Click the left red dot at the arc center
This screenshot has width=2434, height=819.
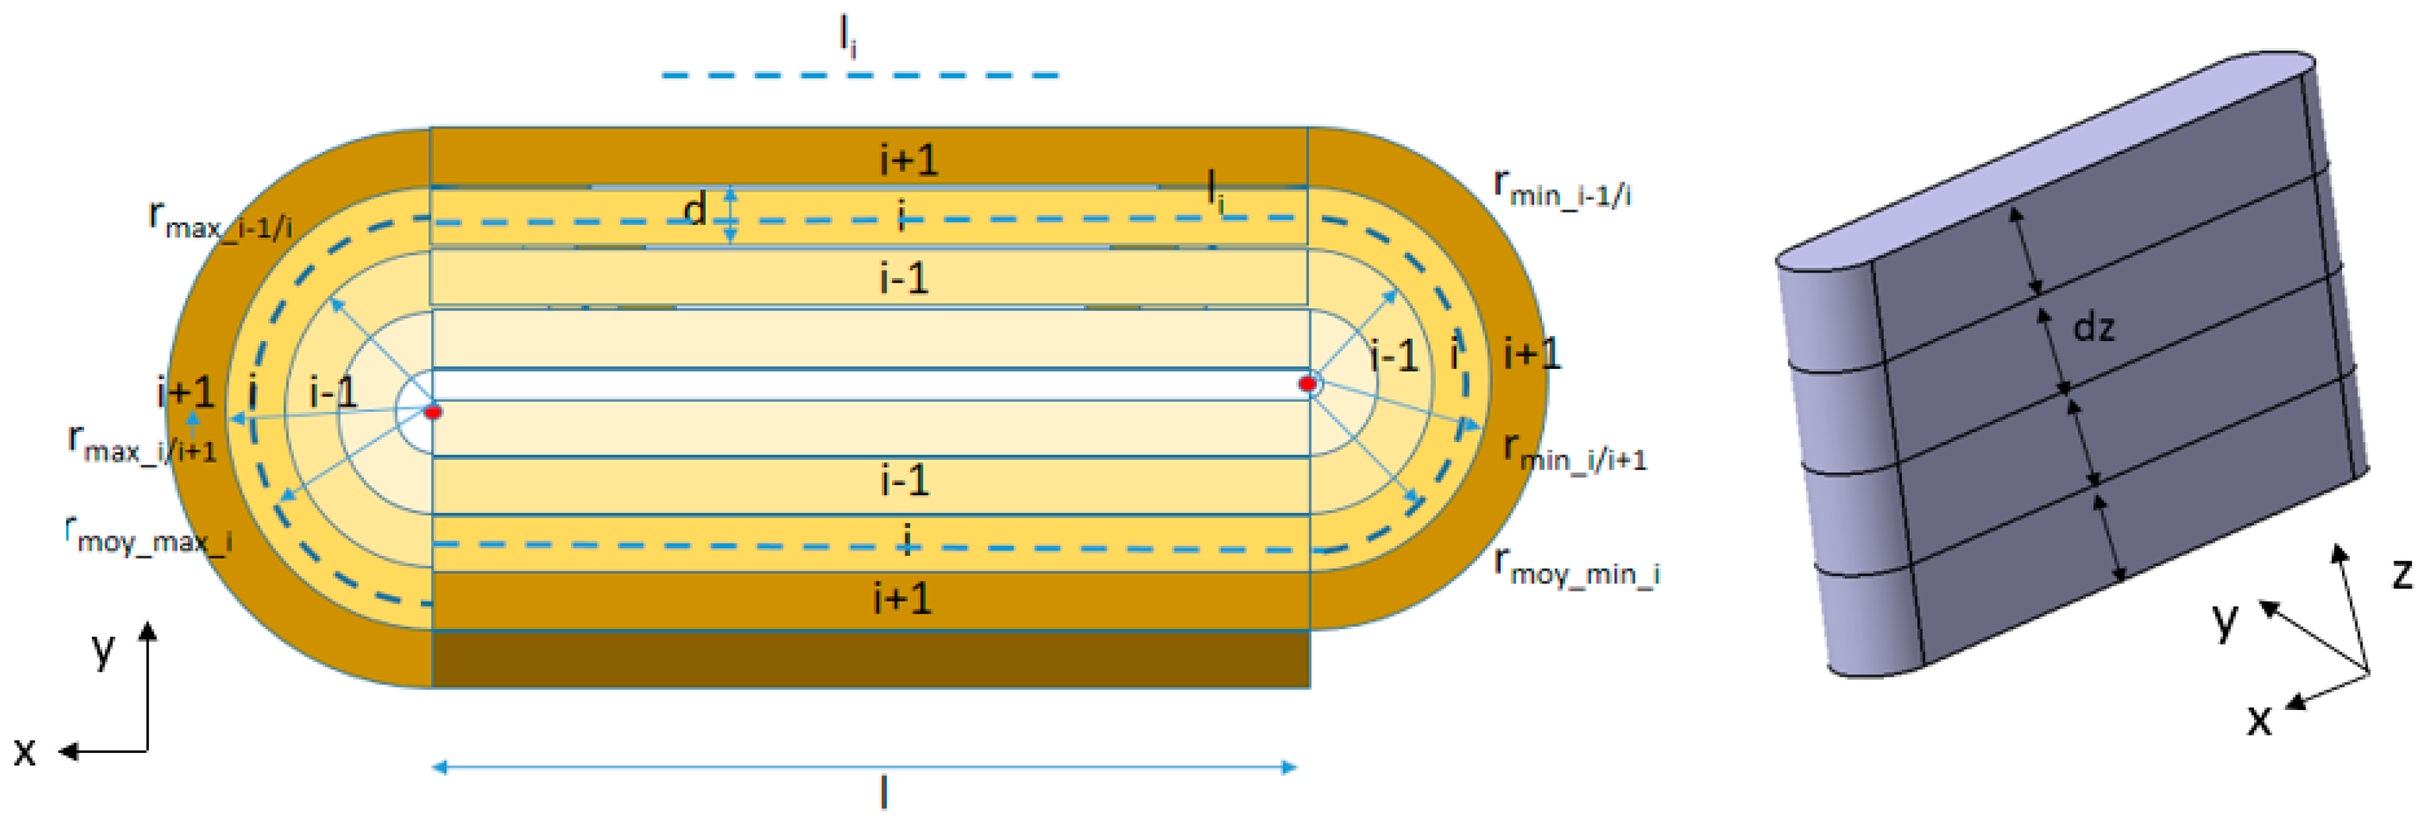432,412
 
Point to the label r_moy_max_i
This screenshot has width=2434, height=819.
148,536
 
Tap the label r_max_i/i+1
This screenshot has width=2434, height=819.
142,444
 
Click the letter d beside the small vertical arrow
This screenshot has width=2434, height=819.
696,209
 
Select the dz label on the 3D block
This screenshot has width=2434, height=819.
2093,328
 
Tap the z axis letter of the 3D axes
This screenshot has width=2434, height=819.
2402,574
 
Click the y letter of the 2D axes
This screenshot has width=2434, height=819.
102,649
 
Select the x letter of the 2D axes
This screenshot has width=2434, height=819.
25,751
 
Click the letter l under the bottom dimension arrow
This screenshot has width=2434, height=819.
884,792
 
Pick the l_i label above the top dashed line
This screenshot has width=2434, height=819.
848,36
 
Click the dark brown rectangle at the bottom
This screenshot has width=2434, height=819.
870,659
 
